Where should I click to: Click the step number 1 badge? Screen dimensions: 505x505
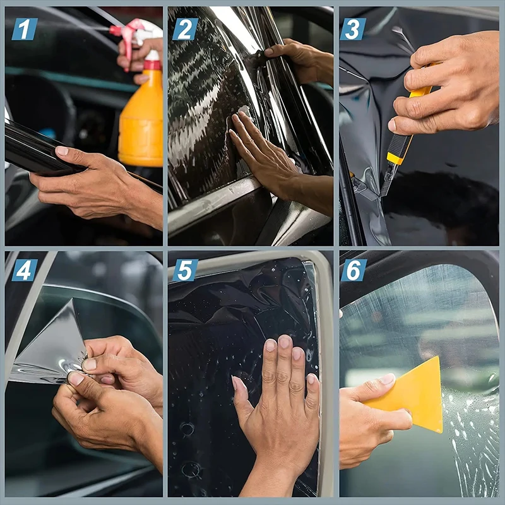pos(25,29)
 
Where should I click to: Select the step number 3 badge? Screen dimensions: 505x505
pos(353,29)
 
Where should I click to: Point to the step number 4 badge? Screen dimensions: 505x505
pos(25,270)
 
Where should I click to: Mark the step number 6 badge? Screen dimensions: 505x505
pos(353,270)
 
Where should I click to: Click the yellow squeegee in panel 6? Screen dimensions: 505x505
pos(417,395)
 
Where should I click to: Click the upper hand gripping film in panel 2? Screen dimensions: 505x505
pos(300,60)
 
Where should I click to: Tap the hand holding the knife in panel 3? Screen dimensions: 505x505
pos(448,88)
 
